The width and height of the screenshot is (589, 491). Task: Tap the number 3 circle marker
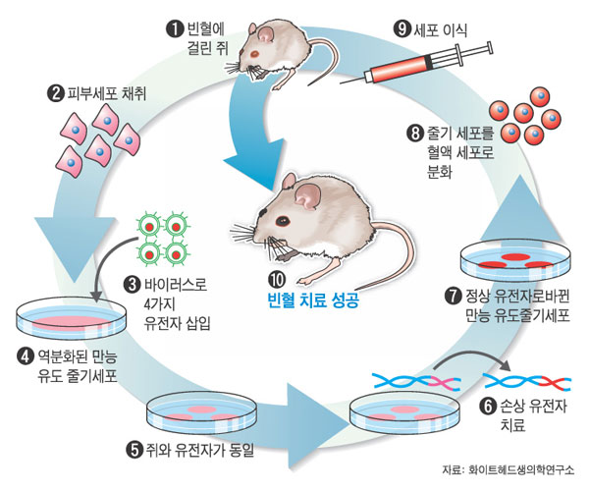pyautogui.click(x=134, y=285)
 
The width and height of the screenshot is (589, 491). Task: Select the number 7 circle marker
pyautogui.click(x=453, y=295)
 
